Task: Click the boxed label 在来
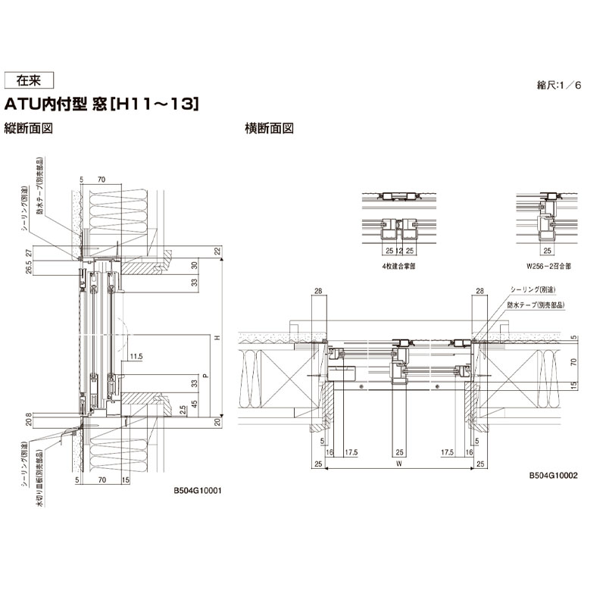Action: pos(29,80)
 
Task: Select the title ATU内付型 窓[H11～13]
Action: pos(102,104)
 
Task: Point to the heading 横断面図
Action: pos(269,128)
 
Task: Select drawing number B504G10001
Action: pos(196,490)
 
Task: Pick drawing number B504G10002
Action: pos(554,476)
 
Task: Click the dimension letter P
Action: pos(204,374)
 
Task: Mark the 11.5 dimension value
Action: pos(136,355)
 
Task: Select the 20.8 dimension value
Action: pos(28,419)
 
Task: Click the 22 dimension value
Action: pos(216,251)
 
